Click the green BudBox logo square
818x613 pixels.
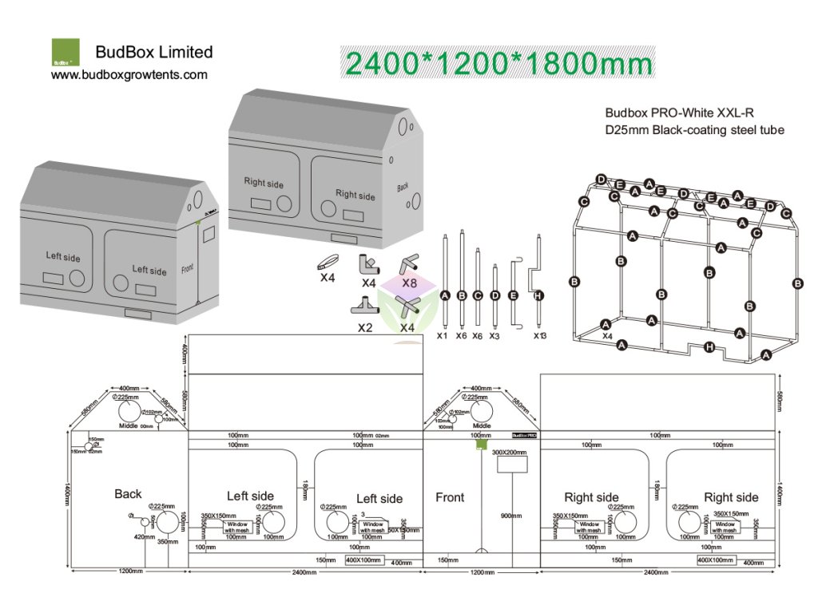pos(66,52)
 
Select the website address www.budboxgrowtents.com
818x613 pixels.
pos(129,75)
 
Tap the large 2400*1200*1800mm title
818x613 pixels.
pos(497,61)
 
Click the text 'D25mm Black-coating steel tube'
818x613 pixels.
pos(694,130)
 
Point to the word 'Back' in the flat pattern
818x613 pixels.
pos(128,494)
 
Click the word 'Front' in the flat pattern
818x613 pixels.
pos(450,497)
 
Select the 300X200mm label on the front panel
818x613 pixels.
pos(510,453)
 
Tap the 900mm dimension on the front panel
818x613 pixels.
pos(512,516)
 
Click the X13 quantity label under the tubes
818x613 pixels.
pos(541,335)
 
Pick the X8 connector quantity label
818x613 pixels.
pos(410,283)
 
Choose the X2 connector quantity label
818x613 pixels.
pos(365,327)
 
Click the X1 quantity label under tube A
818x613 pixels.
pos(442,336)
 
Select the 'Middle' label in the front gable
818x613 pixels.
pos(482,425)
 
